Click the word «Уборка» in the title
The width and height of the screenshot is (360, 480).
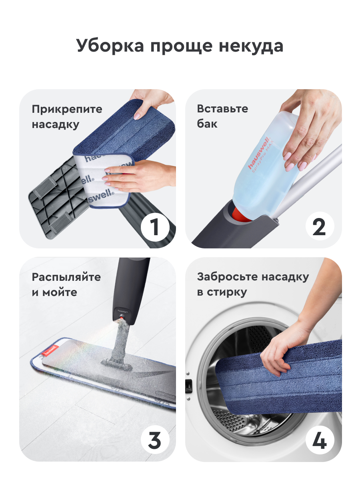(x=110, y=46)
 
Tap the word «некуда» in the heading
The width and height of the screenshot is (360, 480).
(x=251, y=46)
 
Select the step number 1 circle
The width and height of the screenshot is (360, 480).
(x=155, y=227)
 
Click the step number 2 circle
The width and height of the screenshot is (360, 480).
(x=320, y=226)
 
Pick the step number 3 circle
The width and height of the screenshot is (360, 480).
(x=155, y=440)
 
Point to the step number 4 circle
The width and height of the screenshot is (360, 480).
(x=320, y=440)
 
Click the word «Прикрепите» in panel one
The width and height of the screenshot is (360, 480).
(x=67, y=109)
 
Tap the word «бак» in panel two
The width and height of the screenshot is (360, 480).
(x=207, y=124)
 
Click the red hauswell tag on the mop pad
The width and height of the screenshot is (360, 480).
(x=49, y=351)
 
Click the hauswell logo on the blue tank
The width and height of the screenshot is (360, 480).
(x=259, y=153)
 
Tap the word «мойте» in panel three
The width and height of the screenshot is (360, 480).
(x=60, y=293)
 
